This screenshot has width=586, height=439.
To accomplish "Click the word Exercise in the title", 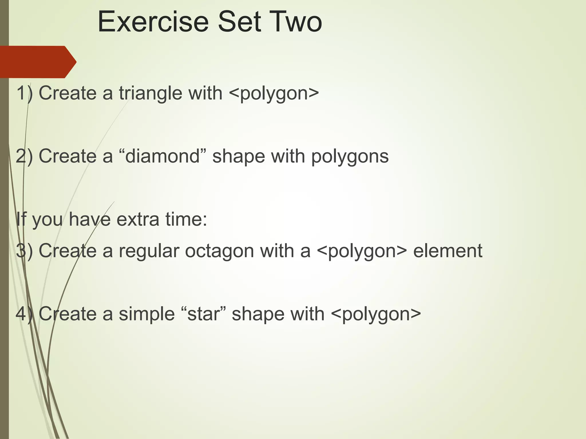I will click(153, 22).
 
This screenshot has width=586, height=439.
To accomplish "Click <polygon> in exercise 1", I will click(274, 93).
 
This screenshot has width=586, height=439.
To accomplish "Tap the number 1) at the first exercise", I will click(25, 93).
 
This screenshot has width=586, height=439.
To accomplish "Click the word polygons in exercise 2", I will click(350, 157).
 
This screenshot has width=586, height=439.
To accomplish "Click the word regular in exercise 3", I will click(149, 251).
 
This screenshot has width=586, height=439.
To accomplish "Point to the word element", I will click(448, 251).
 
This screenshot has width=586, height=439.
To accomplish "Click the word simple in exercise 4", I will click(147, 314).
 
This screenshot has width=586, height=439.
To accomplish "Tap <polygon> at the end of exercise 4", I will click(376, 314).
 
